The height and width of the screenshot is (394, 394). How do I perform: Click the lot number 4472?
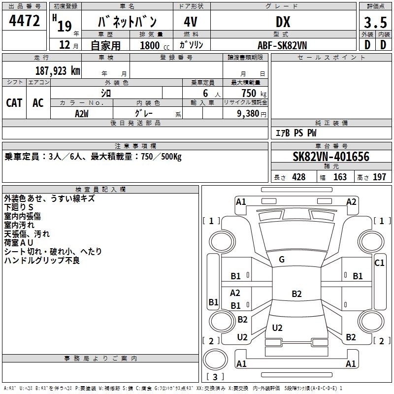pyautogui.click(x=24, y=21)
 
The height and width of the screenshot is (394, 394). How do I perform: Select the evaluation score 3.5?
pyautogui.click(x=375, y=22)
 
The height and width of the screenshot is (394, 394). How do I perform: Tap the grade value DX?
pyautogui.click(x=283, y=22)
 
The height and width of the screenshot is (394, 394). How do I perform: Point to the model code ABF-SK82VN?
pyautogui.click(x=282, y=45)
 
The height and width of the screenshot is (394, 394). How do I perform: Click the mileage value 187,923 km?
pyautogui.click(x=58, y=71)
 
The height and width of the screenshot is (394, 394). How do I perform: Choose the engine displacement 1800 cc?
pyautogui.click(x=155, y=45)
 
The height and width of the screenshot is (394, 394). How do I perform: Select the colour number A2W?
pyautogui.click(x=82, y=114)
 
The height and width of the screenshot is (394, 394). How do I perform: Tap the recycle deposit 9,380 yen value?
pyautogui.click(x=252, y=114)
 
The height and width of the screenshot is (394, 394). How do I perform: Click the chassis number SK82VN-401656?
pyautogui.click(x=331, y=157)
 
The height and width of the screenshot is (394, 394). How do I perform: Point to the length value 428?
pyautogui.click(x=299, y=177)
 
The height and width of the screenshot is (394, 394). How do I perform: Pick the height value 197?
pyautogui.click(x=379, y=177)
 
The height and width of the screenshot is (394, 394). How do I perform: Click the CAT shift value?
pyautogui.click(x=14, y=103)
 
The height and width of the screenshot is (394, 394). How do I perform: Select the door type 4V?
pyautogui.click(x=191, y=22)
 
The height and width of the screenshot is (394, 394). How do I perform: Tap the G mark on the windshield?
pyautogui.click(x=282, y=260)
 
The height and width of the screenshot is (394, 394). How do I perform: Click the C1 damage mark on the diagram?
pyautogui.click(x=379, y=263)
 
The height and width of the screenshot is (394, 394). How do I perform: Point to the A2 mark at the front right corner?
pyautogui.click(x=351, y=202)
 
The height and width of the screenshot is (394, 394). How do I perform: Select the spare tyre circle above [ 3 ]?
pyautogui.click(x=215, y=360)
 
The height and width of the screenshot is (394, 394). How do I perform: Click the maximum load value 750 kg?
pyautogui.click(x=254, y=93)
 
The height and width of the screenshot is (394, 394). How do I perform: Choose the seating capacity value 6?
pyautogui.click(x=205, y=93)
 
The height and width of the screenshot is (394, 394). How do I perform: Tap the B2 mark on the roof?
pyautogui.click(x=296, y=294)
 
